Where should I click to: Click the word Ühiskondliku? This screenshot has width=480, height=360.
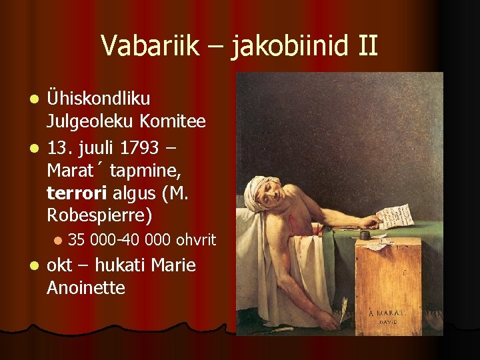coord(99,99)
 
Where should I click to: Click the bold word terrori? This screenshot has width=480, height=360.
coord(77,193)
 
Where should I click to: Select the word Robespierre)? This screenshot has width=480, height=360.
coord(99,216)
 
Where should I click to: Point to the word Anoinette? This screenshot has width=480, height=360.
coord(86,288)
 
